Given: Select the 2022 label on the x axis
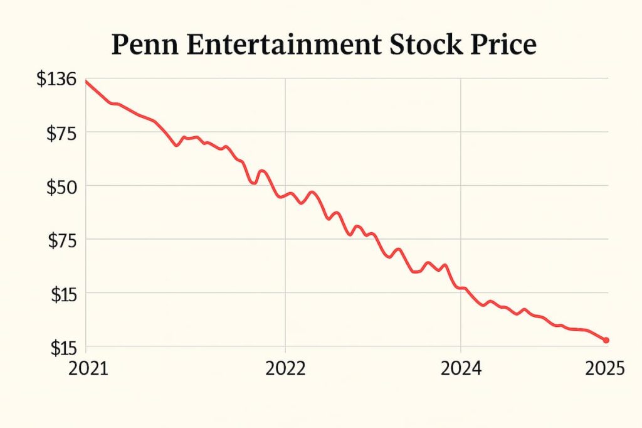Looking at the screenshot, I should click(285, 369).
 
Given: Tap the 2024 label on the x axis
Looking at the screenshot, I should click(461, 369).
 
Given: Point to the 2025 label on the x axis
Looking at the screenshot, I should click(605, 369).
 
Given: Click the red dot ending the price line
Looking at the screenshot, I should click(606, 340).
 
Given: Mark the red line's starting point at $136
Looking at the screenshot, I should click(87, 82).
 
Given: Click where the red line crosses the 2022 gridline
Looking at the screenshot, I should click(285, 195).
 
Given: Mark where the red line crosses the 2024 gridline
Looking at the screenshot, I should click(461, 287).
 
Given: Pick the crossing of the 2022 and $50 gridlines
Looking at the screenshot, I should click(285, 186).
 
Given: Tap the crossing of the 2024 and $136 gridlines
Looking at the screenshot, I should click(461, 78).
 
